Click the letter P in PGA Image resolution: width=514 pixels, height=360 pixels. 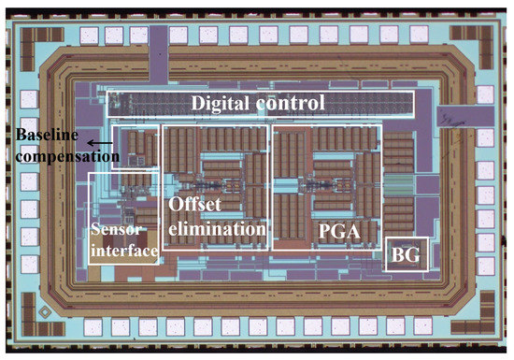pos(321,229)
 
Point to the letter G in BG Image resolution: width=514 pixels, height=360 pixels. pos(413,252)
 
